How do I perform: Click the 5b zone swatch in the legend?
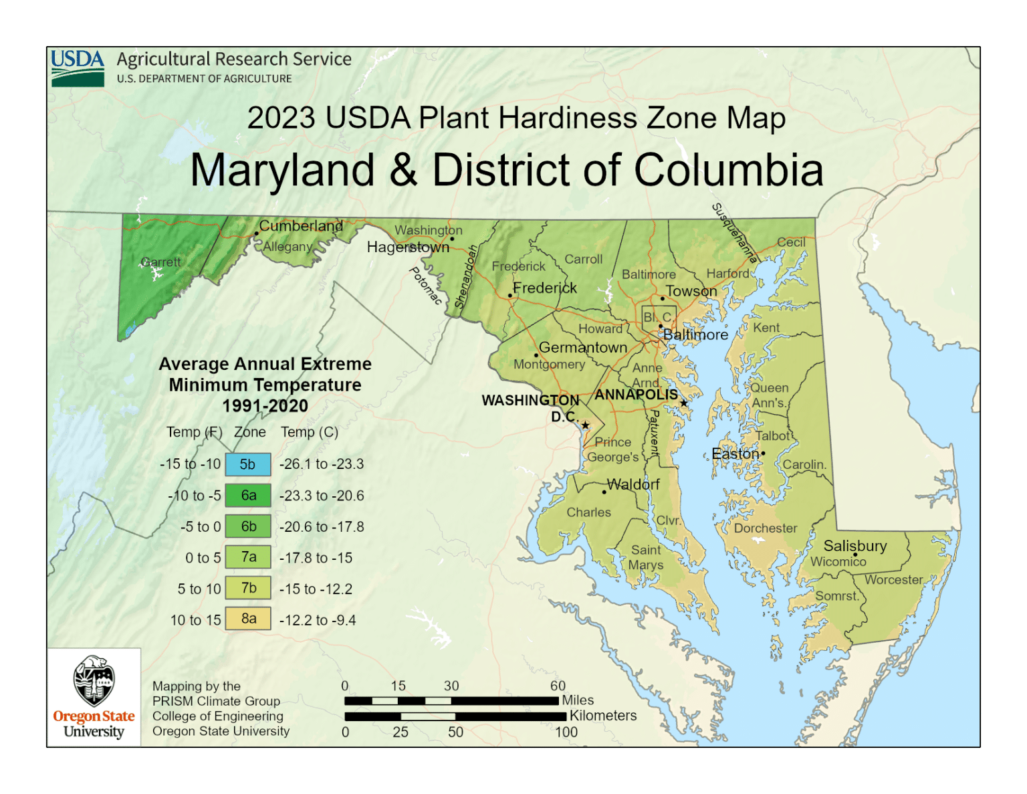click(247, 464)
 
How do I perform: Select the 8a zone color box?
click(247, 619)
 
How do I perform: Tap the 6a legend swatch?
click(247, 496)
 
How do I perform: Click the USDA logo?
click(78, 68)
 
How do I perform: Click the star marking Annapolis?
click(683, 403)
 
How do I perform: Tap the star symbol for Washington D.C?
click(585, 425)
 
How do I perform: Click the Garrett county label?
click(160, 262)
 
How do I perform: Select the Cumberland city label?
click(301, 226)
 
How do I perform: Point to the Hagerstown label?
click(408, 247)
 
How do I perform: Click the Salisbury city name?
click(854, 546)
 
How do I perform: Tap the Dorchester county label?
click(766, 528)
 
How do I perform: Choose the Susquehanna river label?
click(734, 233)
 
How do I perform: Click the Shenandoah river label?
click(466, 276)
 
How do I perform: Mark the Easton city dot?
click(764, 454)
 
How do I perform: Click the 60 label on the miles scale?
click(558, 686)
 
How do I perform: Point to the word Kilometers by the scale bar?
click(602, 716)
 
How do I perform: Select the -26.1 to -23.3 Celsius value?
click(322, 464)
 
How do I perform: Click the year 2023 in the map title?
click(281, 118)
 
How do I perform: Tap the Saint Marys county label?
click(645, 557)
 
